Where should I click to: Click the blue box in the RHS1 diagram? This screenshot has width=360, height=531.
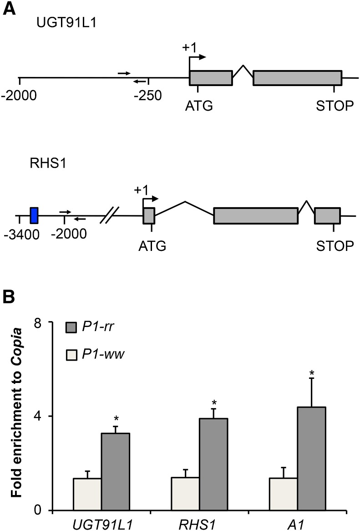coord(34,215)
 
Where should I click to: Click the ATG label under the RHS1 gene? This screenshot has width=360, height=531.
coord(152,246)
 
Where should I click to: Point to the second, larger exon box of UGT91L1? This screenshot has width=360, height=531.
coord(297,77)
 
